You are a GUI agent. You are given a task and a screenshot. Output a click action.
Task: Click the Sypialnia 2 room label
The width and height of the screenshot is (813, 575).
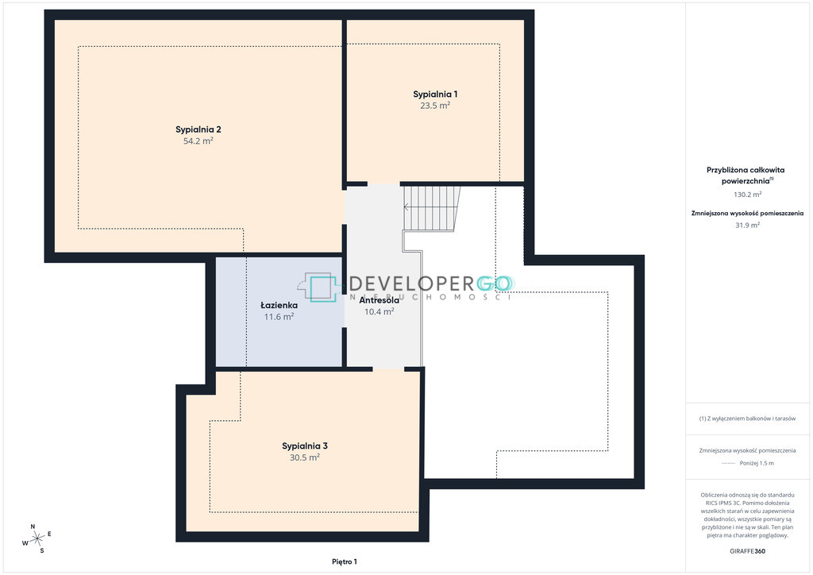tap(198, 129)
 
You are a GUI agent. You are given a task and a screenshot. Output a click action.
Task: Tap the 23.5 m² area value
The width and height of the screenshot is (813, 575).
tap(435, 106)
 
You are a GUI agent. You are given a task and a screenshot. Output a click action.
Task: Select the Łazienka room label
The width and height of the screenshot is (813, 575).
tap(279, 306)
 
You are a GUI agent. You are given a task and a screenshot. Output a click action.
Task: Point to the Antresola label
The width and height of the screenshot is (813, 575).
tap(379, 300)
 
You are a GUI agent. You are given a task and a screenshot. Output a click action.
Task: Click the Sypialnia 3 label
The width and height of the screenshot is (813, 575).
tap(305, 446)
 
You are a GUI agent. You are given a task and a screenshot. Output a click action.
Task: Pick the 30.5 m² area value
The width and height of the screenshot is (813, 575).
tap(305, 457)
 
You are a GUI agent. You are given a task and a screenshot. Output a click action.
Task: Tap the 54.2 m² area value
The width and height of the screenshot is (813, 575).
tap(198, 141)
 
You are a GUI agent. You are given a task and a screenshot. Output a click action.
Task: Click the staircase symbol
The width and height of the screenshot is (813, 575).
tap(431, 208)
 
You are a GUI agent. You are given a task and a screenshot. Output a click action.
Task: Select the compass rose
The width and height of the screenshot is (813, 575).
tap(37, 539)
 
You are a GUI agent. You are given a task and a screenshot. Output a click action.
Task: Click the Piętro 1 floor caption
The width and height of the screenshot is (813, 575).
tap(345, 561)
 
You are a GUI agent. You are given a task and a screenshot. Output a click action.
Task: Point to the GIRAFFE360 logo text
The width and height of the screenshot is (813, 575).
tap(747, 551)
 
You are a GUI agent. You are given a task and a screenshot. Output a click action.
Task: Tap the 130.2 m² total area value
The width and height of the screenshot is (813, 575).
tap(747, 195)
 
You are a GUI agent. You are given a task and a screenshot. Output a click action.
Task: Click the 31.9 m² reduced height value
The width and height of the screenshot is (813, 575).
tap(747, 226)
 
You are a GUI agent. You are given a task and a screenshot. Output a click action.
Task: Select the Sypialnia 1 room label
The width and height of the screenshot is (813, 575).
tap(435, 95)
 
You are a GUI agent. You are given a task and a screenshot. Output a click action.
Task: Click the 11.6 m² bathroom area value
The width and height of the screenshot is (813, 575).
tap(279, 317)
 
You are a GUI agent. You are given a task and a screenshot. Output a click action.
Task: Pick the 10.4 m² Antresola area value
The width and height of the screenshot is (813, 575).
tap(379, 311)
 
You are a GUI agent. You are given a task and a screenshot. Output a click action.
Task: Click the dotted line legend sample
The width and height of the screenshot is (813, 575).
tap(728, 464)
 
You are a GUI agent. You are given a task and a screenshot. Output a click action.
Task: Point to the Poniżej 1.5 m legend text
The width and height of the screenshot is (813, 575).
tap(757, 464)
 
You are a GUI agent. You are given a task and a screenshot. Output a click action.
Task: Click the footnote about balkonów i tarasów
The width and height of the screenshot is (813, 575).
tap(747, 419)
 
